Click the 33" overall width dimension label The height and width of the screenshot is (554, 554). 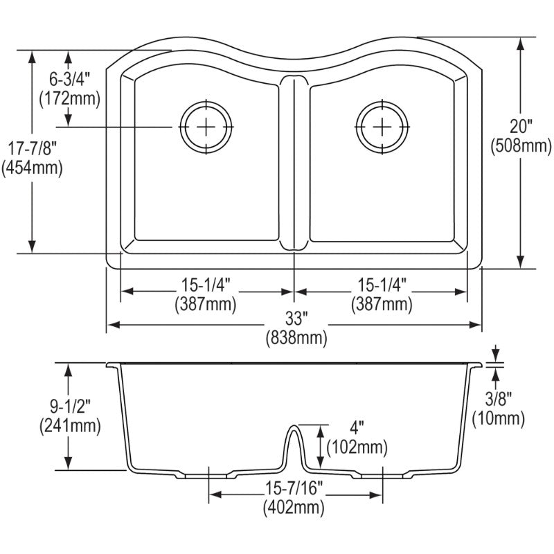pos(294,319)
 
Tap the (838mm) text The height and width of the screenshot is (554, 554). pos(296,339)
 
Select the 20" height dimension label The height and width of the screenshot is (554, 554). pos(521,127)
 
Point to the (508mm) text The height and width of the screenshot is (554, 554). pos(521,145)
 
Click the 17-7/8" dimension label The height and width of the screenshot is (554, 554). pos(32,149)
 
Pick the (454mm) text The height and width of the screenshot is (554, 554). pos(32,168)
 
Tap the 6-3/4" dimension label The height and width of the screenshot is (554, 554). pos(70,79)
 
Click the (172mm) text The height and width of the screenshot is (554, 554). pos(70,98)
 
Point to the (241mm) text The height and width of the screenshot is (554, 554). pos(71,426)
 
